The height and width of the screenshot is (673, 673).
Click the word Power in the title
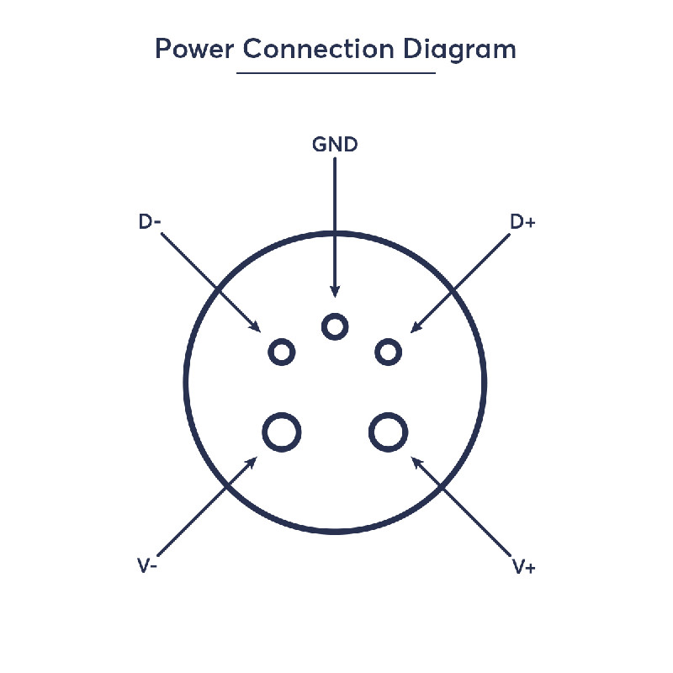tap(194, 49)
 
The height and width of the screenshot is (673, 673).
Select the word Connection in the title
tap(318, 49)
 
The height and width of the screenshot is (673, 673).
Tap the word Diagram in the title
tap(459, 50)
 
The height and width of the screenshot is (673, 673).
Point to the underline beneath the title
tap(336, 73)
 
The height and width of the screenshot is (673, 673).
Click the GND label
tap(335, 145)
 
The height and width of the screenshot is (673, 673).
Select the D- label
tap(150, 221)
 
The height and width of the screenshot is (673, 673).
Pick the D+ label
tap(522, 222)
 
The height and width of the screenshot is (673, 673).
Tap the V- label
tap(147, 565)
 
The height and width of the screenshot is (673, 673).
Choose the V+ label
tap(524, 566)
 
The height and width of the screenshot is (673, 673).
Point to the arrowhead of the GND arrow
tap(335, 291)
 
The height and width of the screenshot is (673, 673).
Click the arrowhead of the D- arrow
tap(256, 327)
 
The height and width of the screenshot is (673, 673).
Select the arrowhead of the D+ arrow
tap(416, 327)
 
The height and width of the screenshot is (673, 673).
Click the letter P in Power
tap(162, 49)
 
